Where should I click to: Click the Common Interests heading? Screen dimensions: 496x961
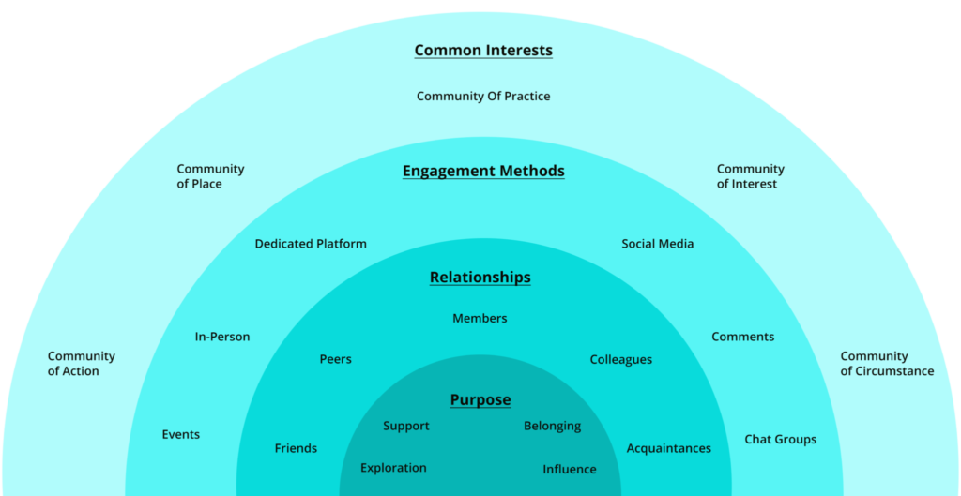click(483, 51)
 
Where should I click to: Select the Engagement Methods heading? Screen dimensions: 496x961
click(483, 171)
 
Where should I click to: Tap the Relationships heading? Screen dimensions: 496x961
click(480, 278)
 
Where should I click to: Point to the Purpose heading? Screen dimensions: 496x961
click(480, 400)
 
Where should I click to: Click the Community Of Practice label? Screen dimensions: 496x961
click(483, 96)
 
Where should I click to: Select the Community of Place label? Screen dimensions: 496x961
click(210, 176)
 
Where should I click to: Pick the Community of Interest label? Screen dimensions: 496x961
click(750, 176)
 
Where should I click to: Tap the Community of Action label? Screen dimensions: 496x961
click(82, 364)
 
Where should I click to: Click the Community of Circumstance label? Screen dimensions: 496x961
click(887, 364)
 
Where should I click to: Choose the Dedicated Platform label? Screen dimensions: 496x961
click(311, 244)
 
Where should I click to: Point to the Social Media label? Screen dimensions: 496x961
click(657, 244)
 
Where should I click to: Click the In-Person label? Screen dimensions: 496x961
click(222, 337)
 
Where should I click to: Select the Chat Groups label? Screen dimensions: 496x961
click(780, 439)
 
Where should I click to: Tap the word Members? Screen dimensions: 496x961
click(480, 319)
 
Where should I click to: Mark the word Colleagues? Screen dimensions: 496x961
click(620, 360)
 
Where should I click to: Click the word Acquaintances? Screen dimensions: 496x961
click(668, 448)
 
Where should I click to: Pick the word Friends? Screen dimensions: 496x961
click(296, 448)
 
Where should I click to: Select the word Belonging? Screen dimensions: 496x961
click(552, 427)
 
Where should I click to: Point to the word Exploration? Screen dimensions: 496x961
click(393, 468)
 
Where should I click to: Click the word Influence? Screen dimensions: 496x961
click(569, 469)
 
